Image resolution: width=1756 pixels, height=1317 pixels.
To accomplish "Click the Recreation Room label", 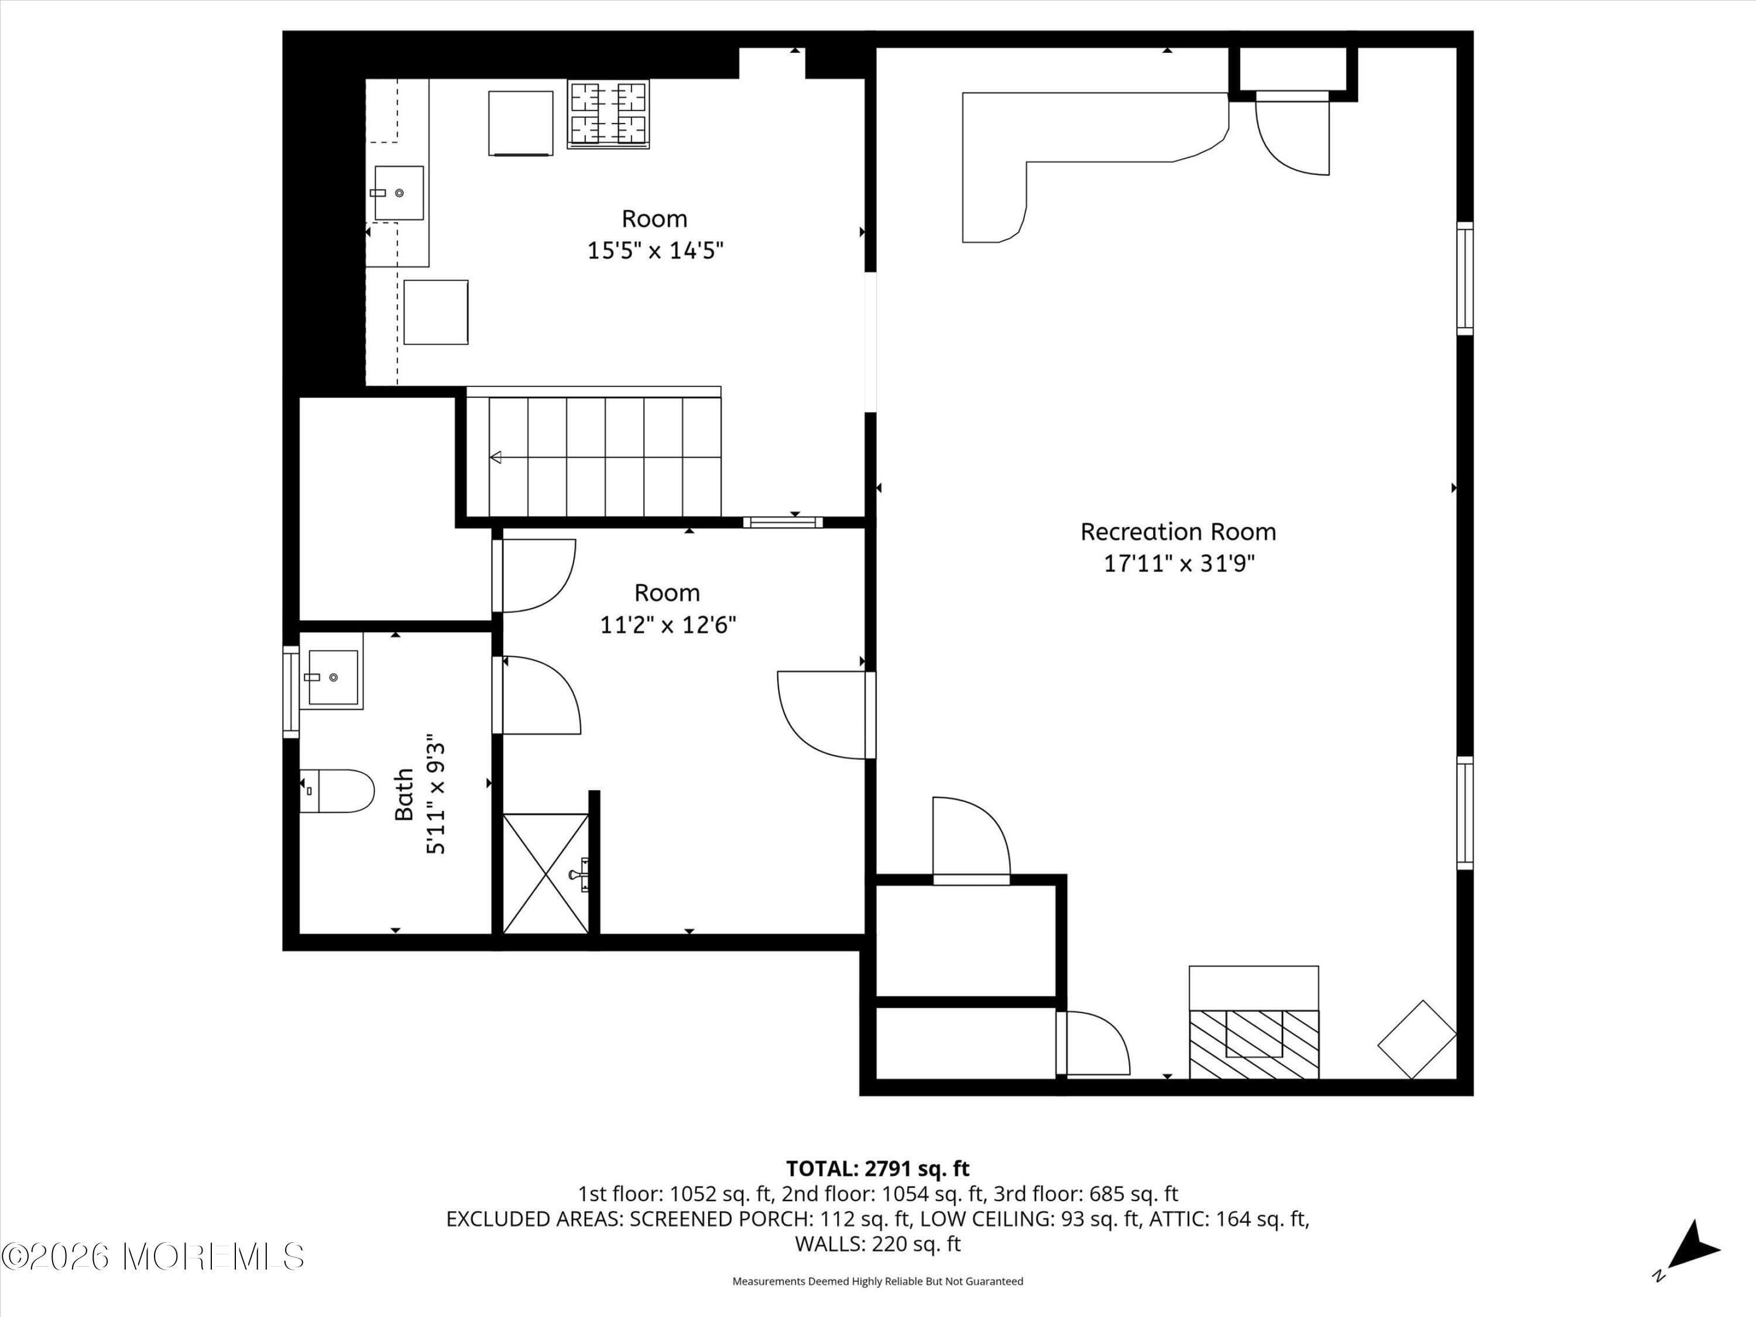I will pos(1178,532).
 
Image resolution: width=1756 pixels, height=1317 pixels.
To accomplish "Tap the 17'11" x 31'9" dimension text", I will pos(1178,564).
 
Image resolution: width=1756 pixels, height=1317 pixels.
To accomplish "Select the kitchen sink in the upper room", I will pos(399,193).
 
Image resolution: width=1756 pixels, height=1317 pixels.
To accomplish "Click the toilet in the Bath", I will pos(337,791).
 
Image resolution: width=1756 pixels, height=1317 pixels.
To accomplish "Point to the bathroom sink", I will pos(332,677).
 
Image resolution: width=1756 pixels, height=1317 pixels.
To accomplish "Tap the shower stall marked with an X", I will pos(546,873).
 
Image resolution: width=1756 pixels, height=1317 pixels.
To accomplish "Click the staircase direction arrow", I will pos(497,457).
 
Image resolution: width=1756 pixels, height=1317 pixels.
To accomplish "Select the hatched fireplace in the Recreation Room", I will pos(1254,1044).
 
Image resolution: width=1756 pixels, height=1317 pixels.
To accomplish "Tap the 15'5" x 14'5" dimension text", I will pos(655,251).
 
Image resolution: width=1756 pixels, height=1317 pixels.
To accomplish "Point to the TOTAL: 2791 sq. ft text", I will pos(877,1168).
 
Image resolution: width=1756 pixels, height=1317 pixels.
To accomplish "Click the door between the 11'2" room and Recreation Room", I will pos(825,715).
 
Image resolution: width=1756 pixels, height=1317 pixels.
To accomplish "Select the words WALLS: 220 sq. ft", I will pos(877,1244).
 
